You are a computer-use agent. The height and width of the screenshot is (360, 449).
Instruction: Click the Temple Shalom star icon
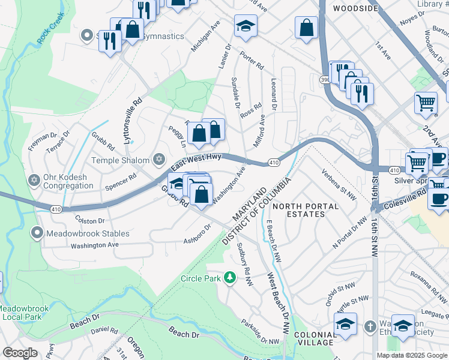pyautogui.click(x=158, y=160)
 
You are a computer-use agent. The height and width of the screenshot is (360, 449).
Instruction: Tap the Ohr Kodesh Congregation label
pyautogui.click(x=67, y=182)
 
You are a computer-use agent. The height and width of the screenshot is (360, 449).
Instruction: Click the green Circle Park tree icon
pyautogui.click(x=229, y=278)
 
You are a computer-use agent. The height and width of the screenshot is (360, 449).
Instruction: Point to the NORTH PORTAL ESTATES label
pyautogui.click(x=306, y=211)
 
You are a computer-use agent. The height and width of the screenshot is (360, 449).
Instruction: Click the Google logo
pyautogui.click(x=20, y=353)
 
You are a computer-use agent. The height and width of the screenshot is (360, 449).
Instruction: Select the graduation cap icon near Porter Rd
pyautogui.click(x=245, y=26)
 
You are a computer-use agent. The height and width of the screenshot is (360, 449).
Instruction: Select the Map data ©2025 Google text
pyautogui.click(x=412, y=355)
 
